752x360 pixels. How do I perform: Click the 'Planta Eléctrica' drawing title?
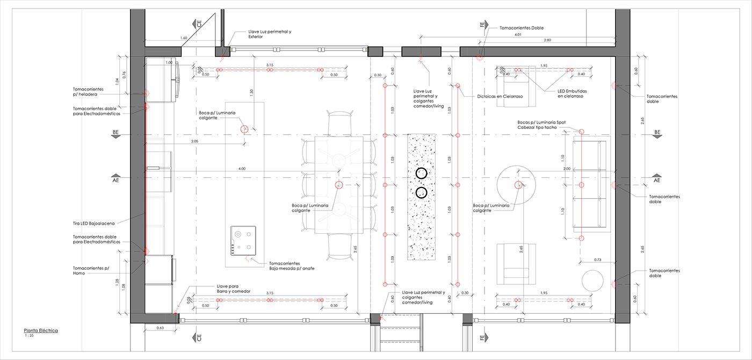click(40, 330)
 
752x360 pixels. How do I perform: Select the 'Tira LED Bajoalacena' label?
click(93, 223)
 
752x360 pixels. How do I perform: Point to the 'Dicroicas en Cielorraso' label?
click(500, 97)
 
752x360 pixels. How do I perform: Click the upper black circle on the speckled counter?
click(422, 173)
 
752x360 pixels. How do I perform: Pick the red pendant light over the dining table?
click(339, 185)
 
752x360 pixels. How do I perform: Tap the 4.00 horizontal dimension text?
click(242, 169)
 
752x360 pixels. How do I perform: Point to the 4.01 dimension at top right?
click(518, 35)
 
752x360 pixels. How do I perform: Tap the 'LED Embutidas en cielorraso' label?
click(577, 93)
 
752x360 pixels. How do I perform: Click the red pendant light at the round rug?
click(519, 185)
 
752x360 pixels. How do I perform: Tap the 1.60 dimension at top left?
click(184, 38)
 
